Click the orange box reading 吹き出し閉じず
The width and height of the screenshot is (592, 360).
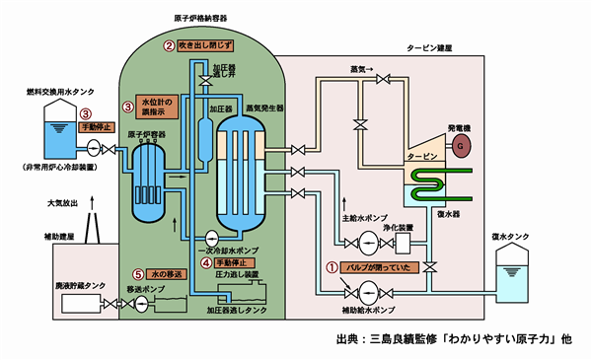(205, 46)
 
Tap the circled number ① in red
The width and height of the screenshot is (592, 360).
(332, 267)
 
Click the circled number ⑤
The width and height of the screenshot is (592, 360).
(139, 272)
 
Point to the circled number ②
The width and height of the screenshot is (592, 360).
(169, 46)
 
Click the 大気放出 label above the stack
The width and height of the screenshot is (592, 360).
(64, 204)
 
